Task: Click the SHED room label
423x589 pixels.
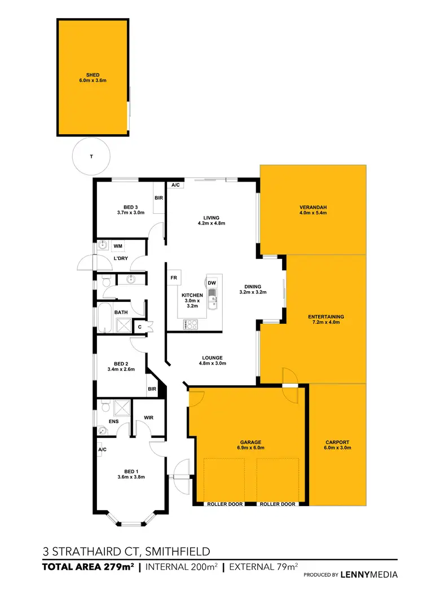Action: (x=92, y=74)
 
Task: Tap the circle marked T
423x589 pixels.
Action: (x=91, y=156)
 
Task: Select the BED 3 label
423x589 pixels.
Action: (x=130, y=206)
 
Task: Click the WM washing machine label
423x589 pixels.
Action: (x=118, y=246)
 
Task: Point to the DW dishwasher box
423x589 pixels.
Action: (x=212, y=283)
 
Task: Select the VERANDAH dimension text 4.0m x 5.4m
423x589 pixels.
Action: (x=313, y=214)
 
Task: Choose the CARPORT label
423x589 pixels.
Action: (x=337, y=442)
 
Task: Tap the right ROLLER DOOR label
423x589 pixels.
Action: (x=277, y=504)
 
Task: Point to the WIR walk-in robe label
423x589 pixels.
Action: (x=149, y=418)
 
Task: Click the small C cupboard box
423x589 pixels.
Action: (x=140, y=326)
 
